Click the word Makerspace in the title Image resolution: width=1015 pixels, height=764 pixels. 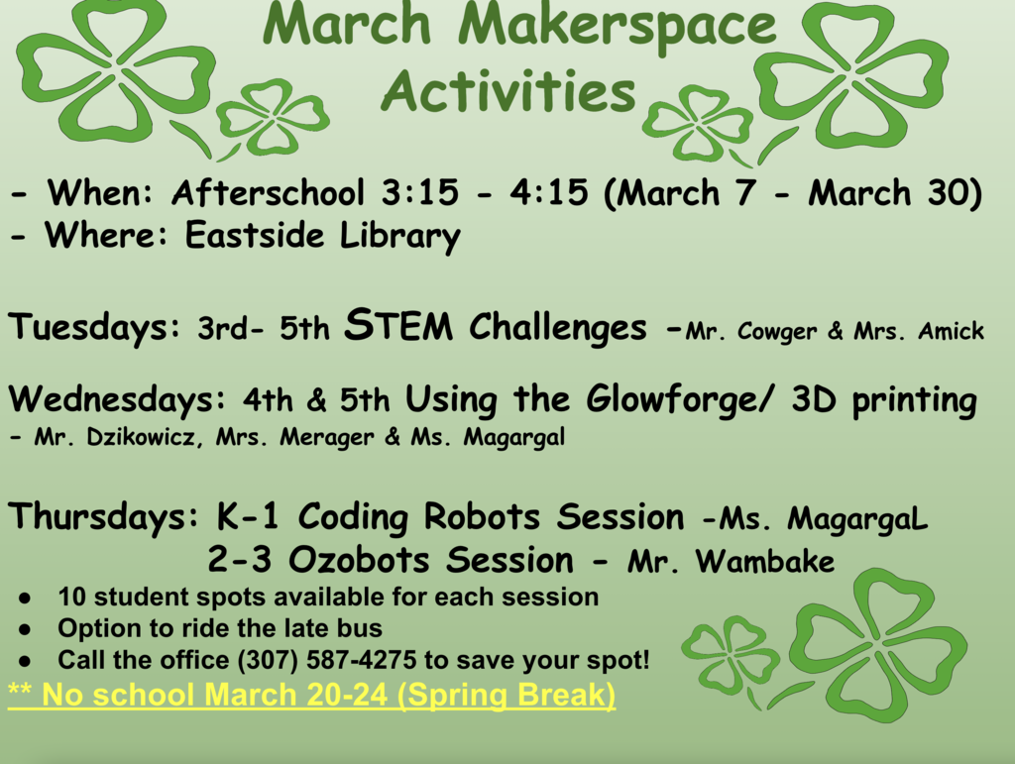(x=617, y=26)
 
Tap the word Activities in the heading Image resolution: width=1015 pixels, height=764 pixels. (x=508, y=91)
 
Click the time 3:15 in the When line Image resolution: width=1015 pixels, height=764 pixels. (x=419, y=193)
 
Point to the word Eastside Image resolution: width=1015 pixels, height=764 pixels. (x=255, y=234)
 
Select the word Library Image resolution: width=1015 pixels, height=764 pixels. (x=400, y=236)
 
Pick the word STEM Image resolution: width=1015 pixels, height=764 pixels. (x=398, y=324)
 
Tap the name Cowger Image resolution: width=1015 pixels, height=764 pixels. (x=777, y=332)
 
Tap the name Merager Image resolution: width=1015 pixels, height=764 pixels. (x=327, y=438)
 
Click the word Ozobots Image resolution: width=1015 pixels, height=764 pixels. (x=359, y=560)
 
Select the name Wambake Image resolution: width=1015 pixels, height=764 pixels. (x=765, y=561)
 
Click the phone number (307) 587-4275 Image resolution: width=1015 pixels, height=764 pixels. (x=327, y=661)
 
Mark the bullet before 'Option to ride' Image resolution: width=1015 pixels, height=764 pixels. (x=25, y=629)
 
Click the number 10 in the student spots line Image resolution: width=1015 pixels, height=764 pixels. (x=71, y=598)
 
